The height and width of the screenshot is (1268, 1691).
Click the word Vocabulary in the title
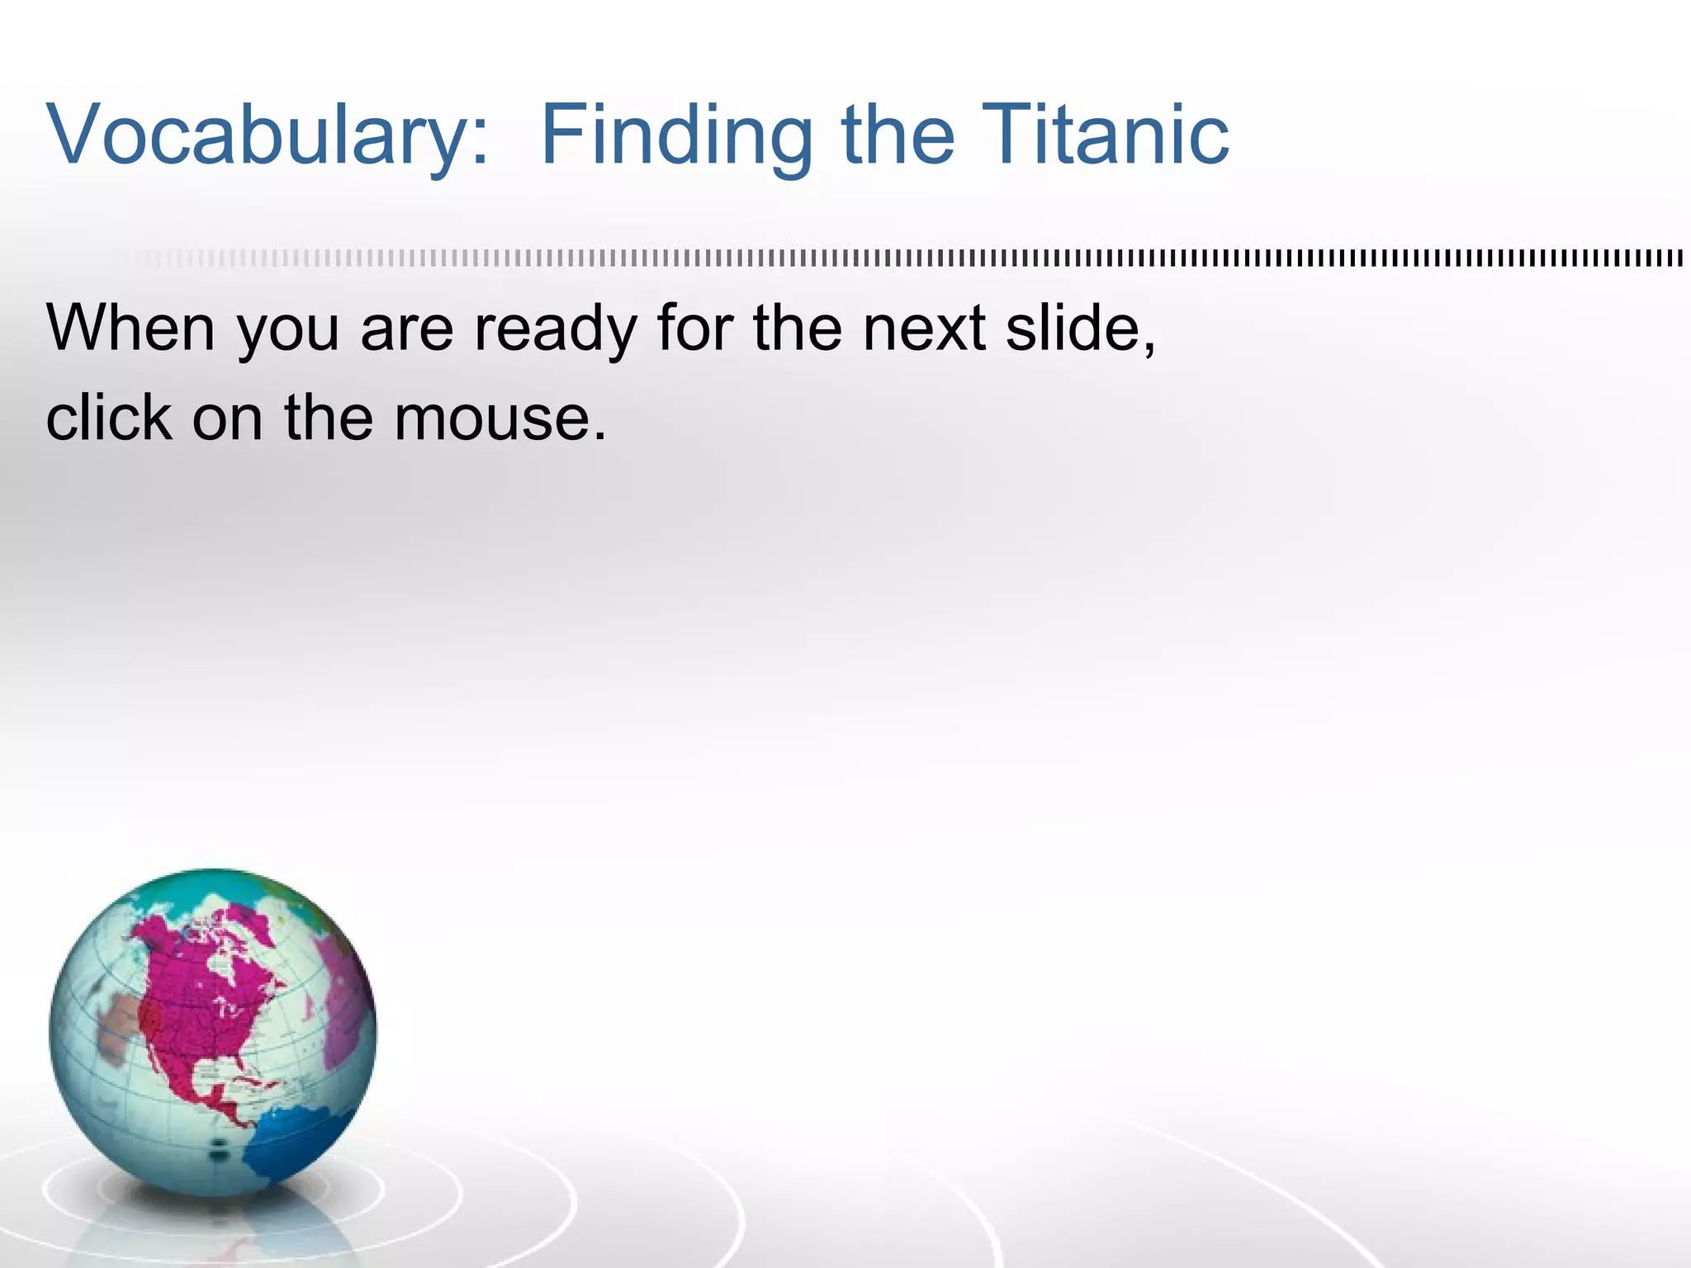256,135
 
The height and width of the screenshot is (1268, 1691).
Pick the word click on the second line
108,417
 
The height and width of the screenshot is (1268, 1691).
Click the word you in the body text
289,329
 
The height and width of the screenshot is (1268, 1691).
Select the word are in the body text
406,329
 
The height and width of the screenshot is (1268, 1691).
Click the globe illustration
212,1033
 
